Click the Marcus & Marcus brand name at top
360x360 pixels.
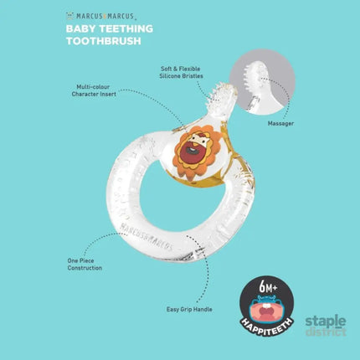click(x=105, y=16)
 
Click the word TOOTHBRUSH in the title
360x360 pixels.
click(x=104, y=41)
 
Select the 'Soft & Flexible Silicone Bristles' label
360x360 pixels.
click(x=181, y=72)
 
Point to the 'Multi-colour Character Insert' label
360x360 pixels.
click(x=94, y=90)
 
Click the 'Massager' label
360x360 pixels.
click(x=280, y=123)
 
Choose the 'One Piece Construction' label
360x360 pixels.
click(x=85, y=265)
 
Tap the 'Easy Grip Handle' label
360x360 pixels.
click(x=189, y=309)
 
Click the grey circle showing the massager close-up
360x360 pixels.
click(x=262, y=82)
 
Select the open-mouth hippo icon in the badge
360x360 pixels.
click(x=267, y=310)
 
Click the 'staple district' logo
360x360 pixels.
click(x=326, y=326)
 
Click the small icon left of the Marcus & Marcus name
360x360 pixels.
click(x=69, y=16)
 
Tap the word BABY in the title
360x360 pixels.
click(x=81, y=28)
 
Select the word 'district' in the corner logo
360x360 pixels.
click(x=326, y=332)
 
